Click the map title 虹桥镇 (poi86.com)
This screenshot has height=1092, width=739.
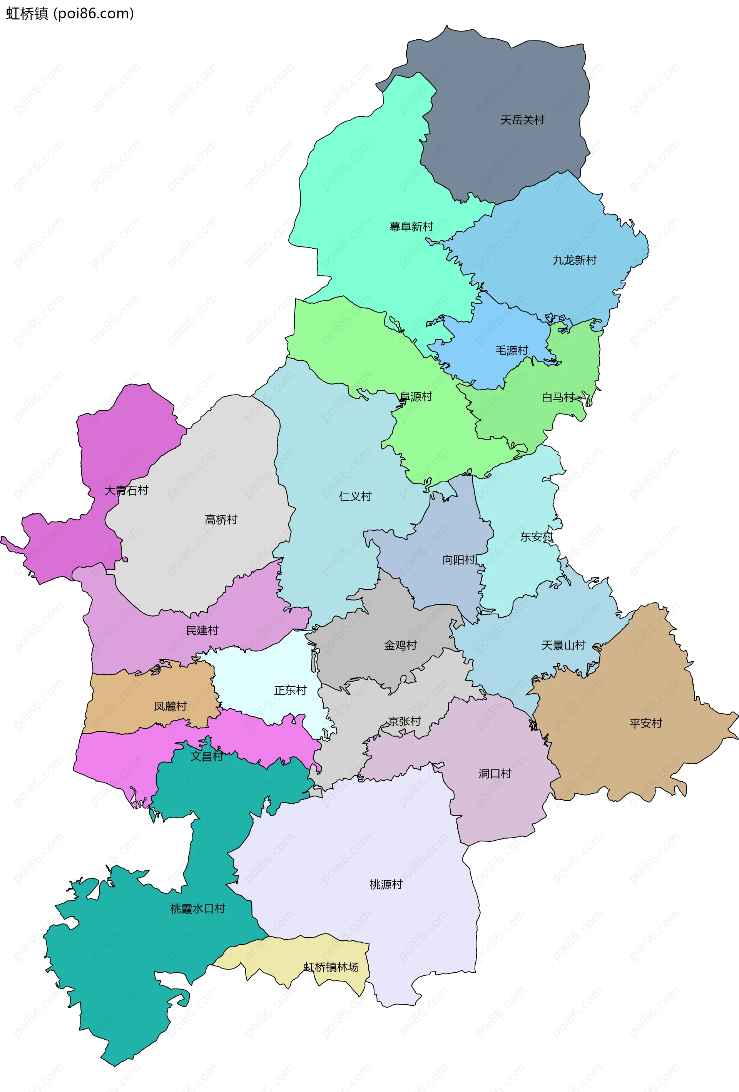coord(70,13)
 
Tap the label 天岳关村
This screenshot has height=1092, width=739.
coord(522,120)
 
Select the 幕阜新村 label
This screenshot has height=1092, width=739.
coord(411,227)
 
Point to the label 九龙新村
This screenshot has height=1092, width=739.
coord(574,260)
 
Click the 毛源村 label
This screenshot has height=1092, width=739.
coord(512,351)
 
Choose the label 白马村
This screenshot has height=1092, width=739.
coord(558,398)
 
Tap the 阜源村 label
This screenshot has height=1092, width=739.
coord(415,397)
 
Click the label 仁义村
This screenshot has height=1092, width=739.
coord(355,497)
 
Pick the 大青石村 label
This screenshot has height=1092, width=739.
coord(126,490)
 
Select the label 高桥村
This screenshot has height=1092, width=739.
coord(221,520)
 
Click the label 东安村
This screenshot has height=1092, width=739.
coord(537,537)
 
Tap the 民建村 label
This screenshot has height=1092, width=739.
coord(202,630)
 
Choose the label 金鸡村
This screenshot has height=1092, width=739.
coord(400,646)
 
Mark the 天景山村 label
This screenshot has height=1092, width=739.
coord(563,646)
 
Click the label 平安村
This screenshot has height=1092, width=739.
coord(645,724)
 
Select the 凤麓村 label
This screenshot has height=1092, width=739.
coord(170,707)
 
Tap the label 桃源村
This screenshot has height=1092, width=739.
coord(386,885)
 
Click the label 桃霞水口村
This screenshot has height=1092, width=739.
coord(197,909)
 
